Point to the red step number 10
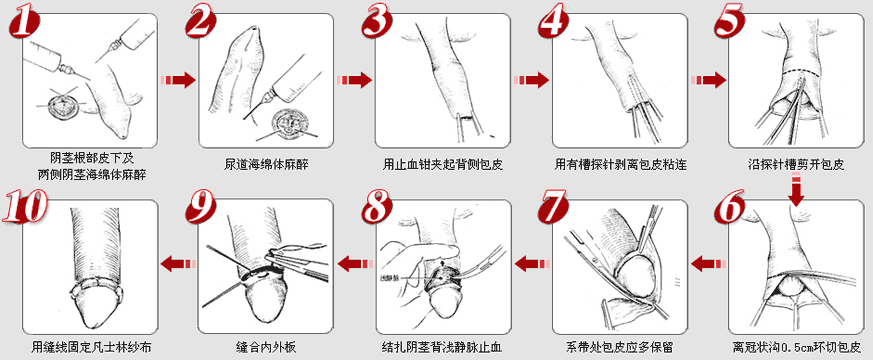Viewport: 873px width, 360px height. click(x=26, y=207)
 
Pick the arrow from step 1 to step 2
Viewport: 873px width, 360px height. click(x=178, y=80)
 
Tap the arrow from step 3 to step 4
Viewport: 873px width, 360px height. click(x=531, y=80)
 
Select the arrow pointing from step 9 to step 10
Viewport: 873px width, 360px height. click(x=178, y=262)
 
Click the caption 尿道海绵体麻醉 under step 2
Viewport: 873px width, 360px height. click(x=266, y=165)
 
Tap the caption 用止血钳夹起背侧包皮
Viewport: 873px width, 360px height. click(x=443, y=165)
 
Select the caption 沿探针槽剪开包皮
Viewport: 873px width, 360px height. click(x=796, y=165)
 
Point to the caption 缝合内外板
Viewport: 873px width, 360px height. click(x=266, y=348)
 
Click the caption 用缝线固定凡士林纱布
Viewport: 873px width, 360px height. click(x=91, y=348)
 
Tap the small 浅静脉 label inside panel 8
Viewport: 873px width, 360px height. click(x=388, y=277)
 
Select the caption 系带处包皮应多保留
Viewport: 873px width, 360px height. click(x=620, y=348)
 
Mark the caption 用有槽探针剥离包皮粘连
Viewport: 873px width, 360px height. click(x=620, y=165)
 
